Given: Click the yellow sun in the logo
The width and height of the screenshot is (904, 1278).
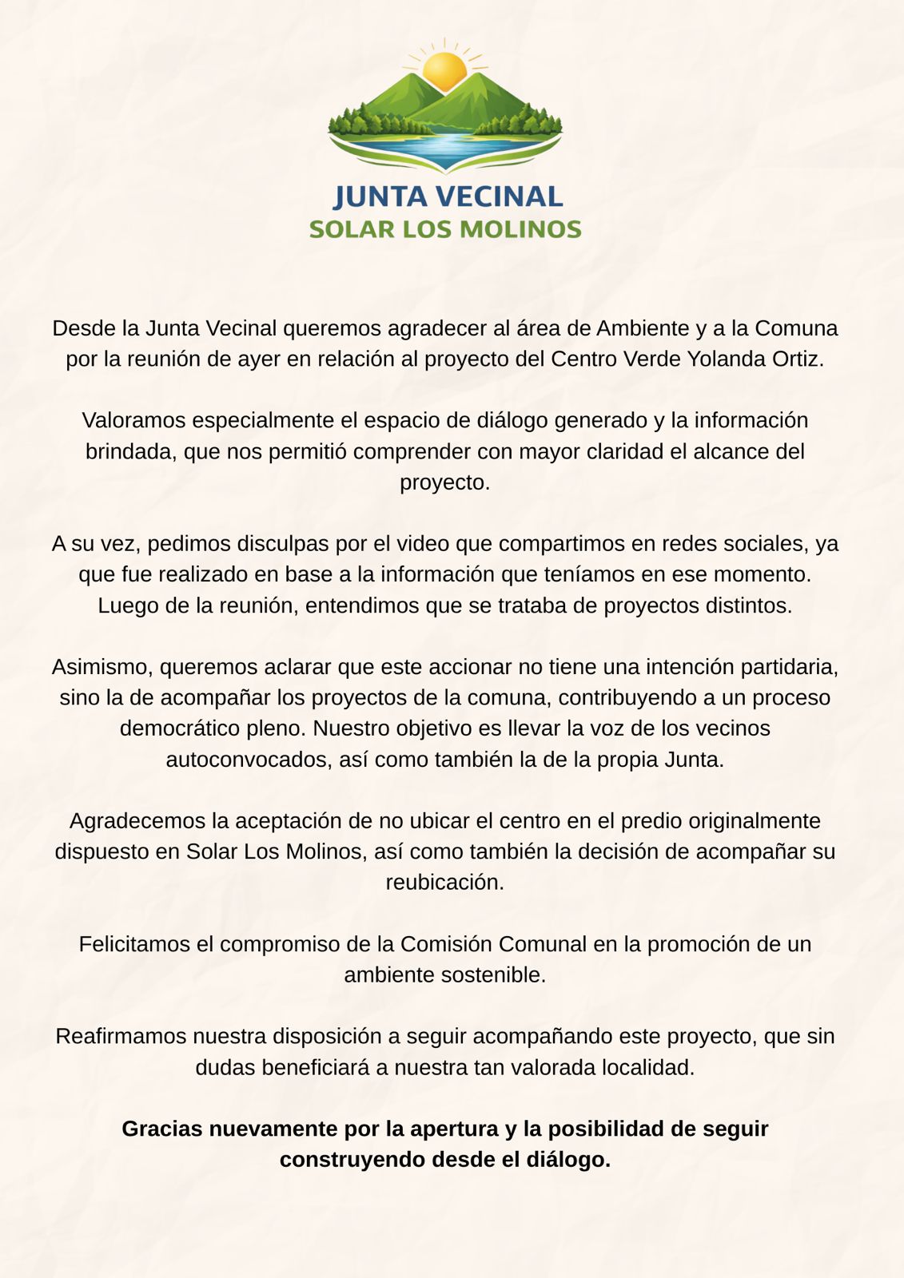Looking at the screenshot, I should [444, 69].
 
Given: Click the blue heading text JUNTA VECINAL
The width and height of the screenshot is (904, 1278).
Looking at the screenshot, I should [448, 196].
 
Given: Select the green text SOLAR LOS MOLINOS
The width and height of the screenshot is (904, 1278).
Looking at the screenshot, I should [445, 229].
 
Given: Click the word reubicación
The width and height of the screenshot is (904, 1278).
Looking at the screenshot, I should [444, 883].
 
